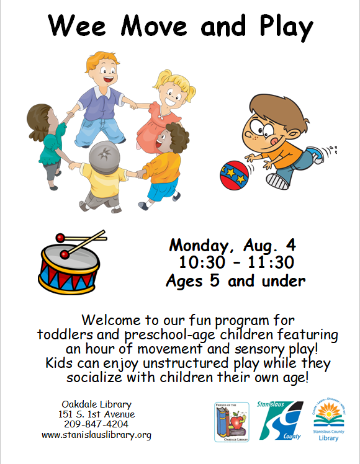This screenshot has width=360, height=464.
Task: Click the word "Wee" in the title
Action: point(77,26)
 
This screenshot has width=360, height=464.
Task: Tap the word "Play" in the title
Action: point(286,27)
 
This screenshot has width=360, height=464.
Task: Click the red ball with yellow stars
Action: point(234,175)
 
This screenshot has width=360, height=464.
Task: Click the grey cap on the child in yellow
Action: point(104,157)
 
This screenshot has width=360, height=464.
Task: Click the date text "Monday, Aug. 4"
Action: point(232,245)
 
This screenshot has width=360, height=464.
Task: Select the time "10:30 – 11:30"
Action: point(236,262)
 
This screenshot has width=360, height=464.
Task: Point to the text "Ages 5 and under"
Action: point(236,280)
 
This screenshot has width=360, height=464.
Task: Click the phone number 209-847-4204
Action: point(96,424)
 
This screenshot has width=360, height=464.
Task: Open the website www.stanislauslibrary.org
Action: point(96,435)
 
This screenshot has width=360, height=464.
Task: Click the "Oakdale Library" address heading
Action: point(96,404)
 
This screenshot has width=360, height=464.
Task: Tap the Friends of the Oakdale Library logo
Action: point(232,422)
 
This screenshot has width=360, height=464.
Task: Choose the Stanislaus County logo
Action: point(280,420)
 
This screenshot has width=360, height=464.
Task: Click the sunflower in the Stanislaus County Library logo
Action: point(328,410)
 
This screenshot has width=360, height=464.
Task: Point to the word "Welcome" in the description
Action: point(111,320)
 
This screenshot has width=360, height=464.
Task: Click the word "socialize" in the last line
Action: point(94,377)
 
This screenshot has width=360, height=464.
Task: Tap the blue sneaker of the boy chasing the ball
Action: point(315,154)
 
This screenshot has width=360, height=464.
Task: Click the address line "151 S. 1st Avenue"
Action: point(96,414)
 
